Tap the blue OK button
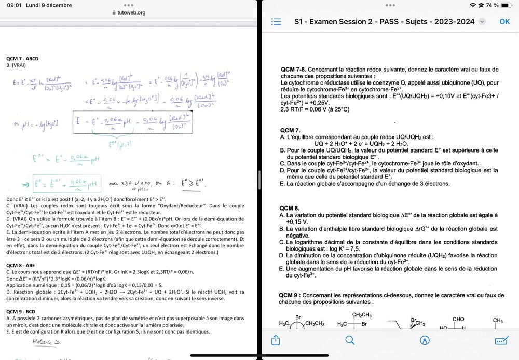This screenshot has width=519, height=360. (x=504, y=21)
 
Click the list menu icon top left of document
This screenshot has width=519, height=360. (x=276, y=22)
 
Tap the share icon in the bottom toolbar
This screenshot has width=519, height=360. (x=276, y=340)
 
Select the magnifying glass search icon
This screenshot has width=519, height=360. (x=350, y=340)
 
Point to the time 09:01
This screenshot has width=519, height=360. (x=9, y=5)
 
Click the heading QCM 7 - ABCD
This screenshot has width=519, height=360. (x=22, y=59)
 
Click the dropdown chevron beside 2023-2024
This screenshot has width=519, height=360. (x=482, y=22)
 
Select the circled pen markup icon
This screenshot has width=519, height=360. (x=425, y=340)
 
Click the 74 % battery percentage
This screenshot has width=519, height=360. (x=492, y=5)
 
